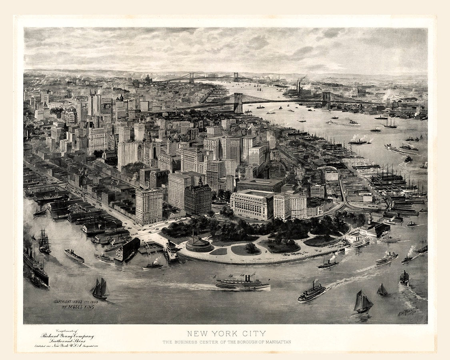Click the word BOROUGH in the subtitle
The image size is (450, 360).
tap(244, 342)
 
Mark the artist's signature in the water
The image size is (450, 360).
tap(407, 311)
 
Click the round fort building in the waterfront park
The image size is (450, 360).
tap(199, 244)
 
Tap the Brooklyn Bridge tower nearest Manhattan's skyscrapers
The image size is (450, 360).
tap(238, 103)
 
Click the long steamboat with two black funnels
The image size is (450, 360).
tap(242, 283)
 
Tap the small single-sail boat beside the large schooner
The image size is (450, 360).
tap(382, 290)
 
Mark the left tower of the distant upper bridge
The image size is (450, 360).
tap(192, 78)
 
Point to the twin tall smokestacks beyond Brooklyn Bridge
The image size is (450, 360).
tap(298, 86)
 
